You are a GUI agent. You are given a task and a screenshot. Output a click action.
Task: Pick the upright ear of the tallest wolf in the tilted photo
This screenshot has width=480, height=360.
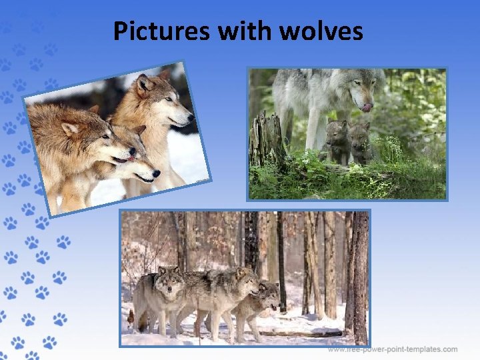[x=142, y=83]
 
